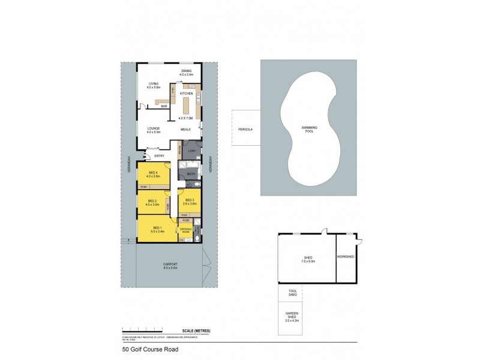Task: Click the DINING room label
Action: (187, 71)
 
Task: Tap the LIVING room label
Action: (153, 84)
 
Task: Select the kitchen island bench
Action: (185, 109)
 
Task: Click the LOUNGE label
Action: (153, 128)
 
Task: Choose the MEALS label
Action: (186, 130)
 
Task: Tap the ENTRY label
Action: (160, 157)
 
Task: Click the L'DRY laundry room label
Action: (192, 151)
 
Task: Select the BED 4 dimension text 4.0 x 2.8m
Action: (154, 176)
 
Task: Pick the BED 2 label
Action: (152, 200)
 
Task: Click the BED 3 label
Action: (190, 200)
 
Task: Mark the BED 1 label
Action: (157, 227)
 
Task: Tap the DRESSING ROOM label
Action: (185, 230)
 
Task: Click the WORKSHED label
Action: (347, 257)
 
